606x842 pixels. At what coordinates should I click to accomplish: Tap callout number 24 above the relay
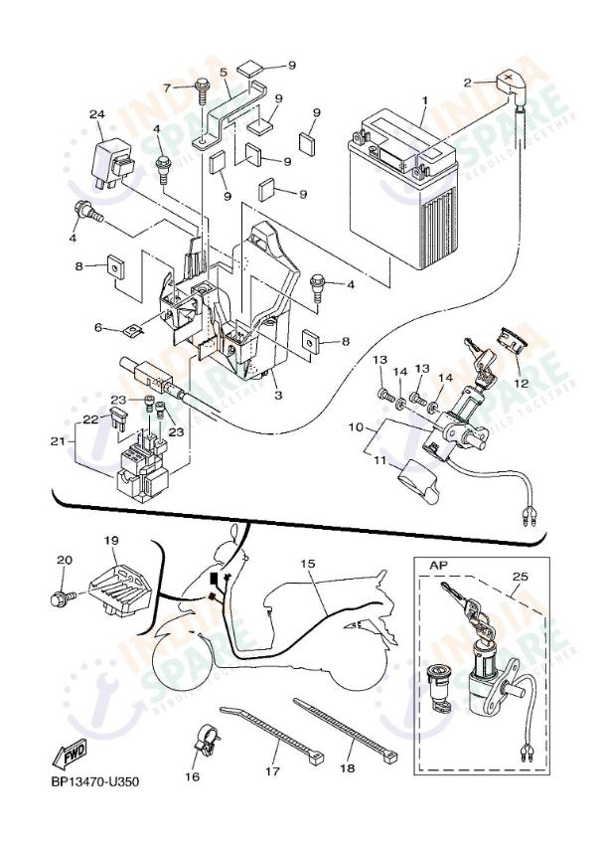point(96,115)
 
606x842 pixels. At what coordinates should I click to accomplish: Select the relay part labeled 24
point(111,157)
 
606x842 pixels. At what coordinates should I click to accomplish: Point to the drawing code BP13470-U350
point(95,781)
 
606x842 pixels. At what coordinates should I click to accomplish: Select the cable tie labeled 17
point(273,736)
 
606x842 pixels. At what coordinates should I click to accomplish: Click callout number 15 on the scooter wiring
point(308,564)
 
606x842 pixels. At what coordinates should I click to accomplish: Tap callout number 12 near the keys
point(521,382)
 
